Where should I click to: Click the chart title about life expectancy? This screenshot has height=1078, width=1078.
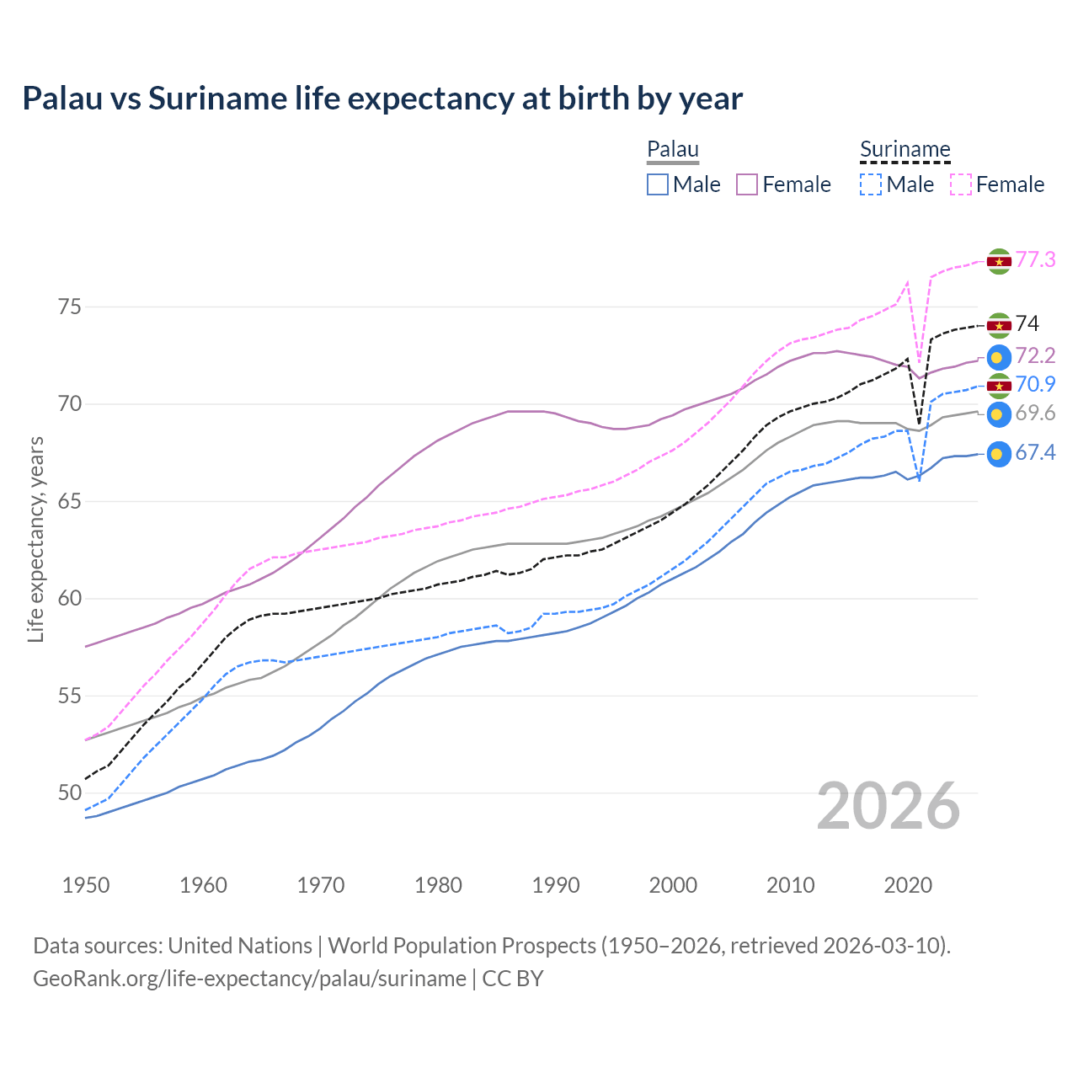tap(382, 99)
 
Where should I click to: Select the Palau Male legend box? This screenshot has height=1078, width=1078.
tap(658, 184)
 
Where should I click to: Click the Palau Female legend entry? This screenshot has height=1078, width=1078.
tap(783, 184)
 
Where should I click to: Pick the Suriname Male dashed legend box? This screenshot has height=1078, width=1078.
tap(871, 184)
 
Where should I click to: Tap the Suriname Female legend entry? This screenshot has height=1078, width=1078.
tap(997, 184)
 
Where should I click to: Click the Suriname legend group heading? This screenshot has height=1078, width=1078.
tap(905, 150)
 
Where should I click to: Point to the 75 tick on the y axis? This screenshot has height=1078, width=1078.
tap(70, 307)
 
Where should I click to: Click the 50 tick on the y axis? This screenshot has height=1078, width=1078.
tap(70, 792)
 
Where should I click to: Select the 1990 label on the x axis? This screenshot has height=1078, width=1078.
tap(556, 885)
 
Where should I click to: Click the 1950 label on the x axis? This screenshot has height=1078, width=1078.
tap(87, 885)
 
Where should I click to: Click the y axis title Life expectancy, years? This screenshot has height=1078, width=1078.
tap(35, 539)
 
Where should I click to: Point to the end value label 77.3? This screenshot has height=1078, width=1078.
tap(1035, 259)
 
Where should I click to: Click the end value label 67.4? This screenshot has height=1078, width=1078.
tap(1035, 453)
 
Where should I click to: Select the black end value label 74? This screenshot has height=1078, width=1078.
tap(1027, 323)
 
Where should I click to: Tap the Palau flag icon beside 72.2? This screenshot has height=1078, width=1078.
tap(999, 357)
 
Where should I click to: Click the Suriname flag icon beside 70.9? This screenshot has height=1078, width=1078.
tap(999, 386)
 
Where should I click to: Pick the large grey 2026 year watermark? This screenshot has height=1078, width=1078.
tap(888, 806)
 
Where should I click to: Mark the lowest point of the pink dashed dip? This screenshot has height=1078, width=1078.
tap(919, 363)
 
